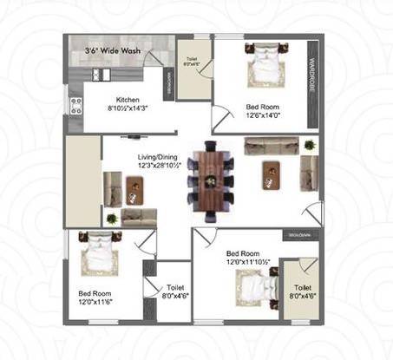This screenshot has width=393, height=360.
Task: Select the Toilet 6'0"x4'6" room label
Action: [192, 62]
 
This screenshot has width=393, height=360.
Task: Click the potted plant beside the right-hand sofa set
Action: [309, 145]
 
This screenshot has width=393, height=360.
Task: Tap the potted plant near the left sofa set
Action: [111, 217]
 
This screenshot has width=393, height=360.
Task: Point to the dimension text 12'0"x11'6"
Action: [96, 302]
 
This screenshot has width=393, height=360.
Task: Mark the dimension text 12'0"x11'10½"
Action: [248, 259]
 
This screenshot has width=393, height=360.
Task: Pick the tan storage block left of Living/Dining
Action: [83, 180]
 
